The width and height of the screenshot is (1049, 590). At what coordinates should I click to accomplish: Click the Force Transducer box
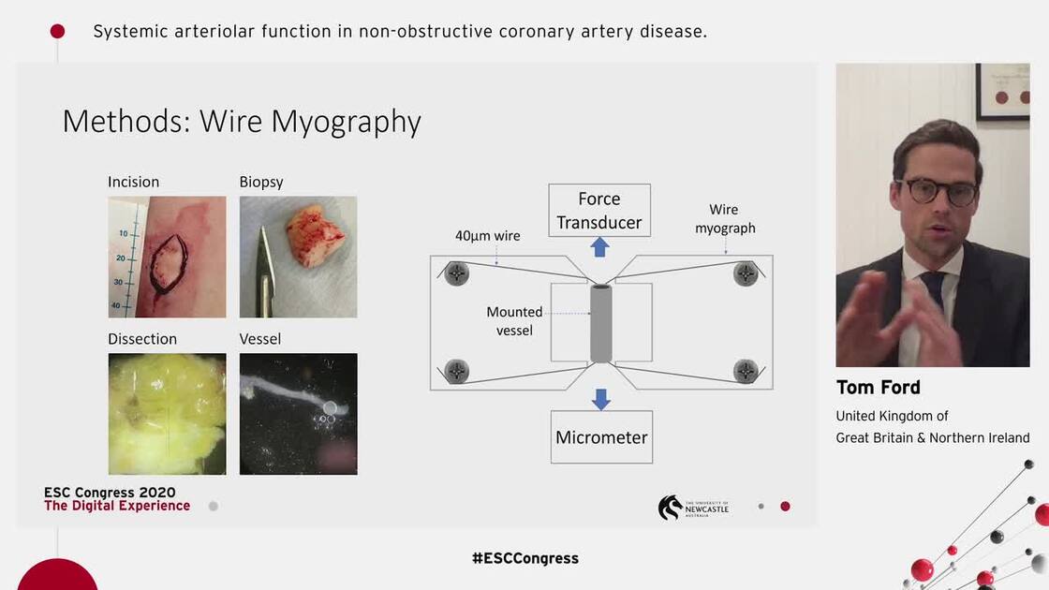click(x=599, y=211)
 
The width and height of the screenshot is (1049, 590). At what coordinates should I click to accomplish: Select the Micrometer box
click(x=601, y=437)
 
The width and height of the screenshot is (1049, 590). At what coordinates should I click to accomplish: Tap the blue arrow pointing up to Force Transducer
click(x=600, y=247)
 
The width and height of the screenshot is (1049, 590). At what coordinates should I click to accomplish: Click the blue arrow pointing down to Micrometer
click(x=601, y=399)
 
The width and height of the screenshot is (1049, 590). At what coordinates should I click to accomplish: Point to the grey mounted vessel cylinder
click(x=601, y=324)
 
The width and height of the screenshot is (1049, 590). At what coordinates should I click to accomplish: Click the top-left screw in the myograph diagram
click(x=457, y=273)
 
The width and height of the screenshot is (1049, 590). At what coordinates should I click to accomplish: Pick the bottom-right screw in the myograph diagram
click(x=746, y=370)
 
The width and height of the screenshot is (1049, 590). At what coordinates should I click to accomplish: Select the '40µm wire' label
click(x=489, y=236)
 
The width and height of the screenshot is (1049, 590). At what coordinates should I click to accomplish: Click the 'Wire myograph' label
click(x=724, y=218)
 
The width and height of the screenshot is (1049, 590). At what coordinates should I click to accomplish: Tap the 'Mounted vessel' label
click(x=514, y=320)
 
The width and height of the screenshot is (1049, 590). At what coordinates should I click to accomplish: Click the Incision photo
click(x=167, y=257)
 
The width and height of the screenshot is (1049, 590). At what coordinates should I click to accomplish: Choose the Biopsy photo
click(x=298, y=257)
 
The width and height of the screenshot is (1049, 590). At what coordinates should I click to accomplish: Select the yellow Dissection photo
click(x=167, y=414)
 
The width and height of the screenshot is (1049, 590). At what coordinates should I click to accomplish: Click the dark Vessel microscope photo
click(x=298, y=414)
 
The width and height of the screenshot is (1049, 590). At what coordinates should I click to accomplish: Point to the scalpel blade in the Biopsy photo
click(x=261, y=272)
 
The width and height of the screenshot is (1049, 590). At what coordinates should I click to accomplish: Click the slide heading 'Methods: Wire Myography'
click(x=242, y=122)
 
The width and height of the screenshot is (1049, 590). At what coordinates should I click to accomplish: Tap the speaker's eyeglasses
click(x=936, y=191)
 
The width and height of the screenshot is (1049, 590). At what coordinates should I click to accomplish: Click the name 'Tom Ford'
click(x=878, y=388)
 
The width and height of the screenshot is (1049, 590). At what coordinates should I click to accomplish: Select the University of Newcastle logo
click(x=693, y=507)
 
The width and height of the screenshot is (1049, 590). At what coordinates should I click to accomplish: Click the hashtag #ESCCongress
click(x=524, y=558)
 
